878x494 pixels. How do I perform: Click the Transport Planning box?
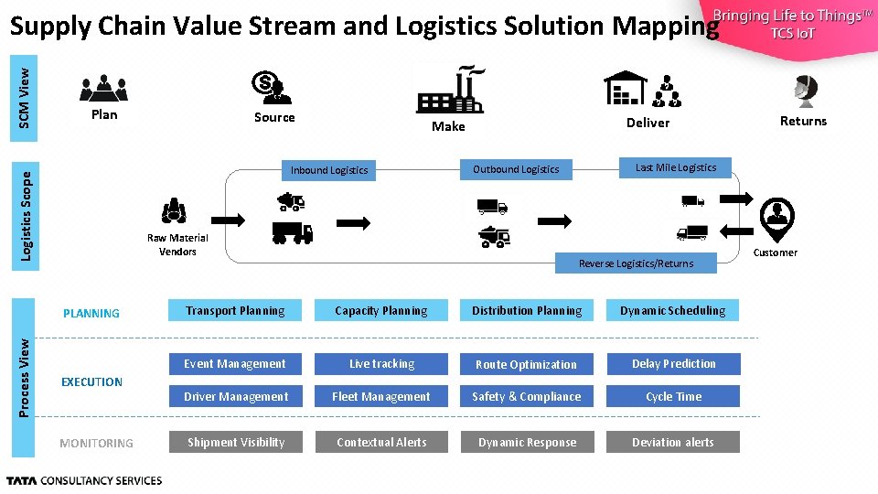pyautogui.click(x=235, y=311)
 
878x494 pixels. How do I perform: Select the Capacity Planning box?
pyautogui.click(x=380, y=311)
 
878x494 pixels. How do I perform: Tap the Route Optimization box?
pyautogui.click(x=526, y=364)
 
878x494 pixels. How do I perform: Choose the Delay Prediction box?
pyautogui.click(x=673, y=364)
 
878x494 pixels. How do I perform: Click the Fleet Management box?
pyautogui.click(x=380, y=397)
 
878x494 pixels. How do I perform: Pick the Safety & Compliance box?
pyautogui.click(x=526, y=397)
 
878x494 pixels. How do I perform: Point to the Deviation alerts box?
pyautogui.click(x=673, y=443)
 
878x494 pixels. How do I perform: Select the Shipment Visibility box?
pyautogui.click(x=235, y=443)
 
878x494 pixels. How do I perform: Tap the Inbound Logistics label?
pyautogui.click(x=329, y=170)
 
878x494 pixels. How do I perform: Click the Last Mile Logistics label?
pyautogui.click(x=676, y=167)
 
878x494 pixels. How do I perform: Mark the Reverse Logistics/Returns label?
pyautogui.click(x=636, y=263)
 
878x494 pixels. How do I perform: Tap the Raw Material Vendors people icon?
pyautogui.click(x=174, y=211)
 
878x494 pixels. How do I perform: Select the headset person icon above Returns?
pyautogui.click(x=805, y=91)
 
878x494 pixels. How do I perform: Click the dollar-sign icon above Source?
pyautogui.click(x=272, y=88)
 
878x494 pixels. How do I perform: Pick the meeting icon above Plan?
pyautogui.click(x=103, y=88)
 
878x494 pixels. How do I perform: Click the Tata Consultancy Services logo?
pyautogui.click(x=84, y=480)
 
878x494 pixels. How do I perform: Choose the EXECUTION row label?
pyautogui.click(x=91, y=382)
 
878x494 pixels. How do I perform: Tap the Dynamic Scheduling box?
pyautogui.click(x=673, y=311)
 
